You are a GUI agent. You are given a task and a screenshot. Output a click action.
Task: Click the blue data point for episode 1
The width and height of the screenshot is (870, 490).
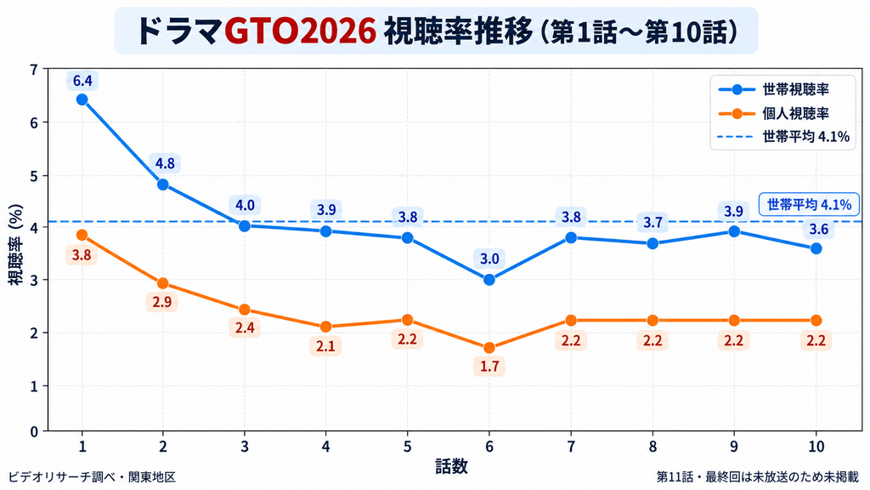82,100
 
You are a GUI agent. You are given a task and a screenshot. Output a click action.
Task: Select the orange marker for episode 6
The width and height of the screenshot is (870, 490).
489,348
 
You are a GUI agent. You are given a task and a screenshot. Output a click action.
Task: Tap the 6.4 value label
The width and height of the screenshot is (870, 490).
82,81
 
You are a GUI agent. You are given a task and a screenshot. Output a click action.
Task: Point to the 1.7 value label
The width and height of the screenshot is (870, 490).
489,367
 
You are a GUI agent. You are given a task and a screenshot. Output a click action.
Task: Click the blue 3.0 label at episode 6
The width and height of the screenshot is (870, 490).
489,259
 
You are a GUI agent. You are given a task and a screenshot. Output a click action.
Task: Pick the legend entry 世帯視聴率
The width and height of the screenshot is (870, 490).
773,89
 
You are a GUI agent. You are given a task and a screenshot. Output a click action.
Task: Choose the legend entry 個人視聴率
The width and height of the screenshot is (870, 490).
773,113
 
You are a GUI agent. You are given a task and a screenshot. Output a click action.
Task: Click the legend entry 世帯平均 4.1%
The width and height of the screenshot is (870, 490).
783,137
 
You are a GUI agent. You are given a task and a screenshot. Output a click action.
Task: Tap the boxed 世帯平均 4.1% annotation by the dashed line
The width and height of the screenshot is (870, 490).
809,205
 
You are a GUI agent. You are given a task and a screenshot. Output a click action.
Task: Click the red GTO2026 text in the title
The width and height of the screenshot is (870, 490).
300,31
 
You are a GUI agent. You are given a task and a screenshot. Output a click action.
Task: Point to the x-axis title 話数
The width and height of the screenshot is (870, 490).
451,467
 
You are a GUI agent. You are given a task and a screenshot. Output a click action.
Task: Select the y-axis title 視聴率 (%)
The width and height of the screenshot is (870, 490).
16,244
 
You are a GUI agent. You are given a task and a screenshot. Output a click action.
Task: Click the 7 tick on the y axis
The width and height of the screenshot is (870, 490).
34,70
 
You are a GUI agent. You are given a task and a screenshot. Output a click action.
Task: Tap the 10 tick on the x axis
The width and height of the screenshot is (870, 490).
816,446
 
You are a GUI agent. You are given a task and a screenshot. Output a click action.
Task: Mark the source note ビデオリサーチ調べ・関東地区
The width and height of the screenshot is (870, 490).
92,476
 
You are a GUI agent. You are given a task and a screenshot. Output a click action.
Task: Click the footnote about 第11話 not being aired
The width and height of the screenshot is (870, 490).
757,476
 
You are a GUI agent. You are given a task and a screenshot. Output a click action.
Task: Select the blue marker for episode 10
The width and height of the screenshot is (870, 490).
816,249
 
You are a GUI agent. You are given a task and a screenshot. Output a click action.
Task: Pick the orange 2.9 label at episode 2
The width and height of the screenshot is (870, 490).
162,302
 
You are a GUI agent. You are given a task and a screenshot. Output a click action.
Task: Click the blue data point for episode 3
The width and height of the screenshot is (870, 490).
245,225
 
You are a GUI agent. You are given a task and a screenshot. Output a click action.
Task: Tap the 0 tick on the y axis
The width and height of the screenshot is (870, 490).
34,431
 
